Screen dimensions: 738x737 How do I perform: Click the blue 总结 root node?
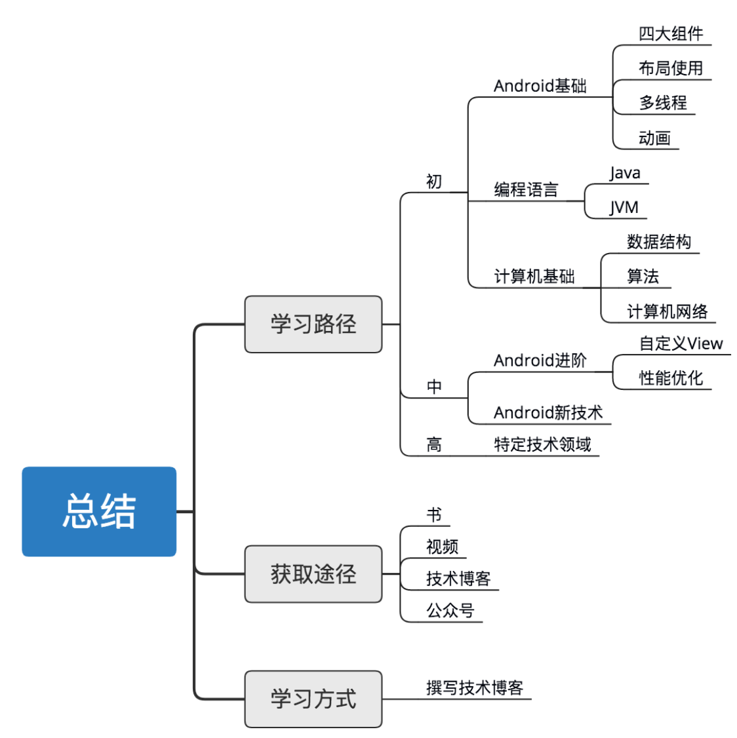point(99,511)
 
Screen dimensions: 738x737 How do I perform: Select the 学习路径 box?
point(313,324)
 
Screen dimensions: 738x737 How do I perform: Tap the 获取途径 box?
point(313,573)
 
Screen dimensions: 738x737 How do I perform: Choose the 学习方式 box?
point(313,699)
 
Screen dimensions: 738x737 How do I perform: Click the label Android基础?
point(540,86)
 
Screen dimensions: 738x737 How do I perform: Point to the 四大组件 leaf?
point(670,33)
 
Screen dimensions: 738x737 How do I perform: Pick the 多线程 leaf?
point(662,102)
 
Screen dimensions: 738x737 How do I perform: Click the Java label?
point(624,173)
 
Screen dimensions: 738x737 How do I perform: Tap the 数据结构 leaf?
point(658,242)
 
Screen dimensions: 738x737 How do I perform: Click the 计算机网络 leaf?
point(667,311)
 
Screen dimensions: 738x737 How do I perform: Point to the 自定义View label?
point(681,343)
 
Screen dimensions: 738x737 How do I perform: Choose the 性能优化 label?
point(670,378)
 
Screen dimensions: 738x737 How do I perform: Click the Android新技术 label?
point(548,412)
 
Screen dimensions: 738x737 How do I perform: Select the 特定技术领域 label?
point(542,444)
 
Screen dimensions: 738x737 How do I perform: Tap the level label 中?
point(434,387)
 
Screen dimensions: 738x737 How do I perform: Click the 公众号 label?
point(450,610)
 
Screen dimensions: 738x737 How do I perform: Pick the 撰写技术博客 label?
point(474,688)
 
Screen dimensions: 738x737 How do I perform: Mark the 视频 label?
point(442,546)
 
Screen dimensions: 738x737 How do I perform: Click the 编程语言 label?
point(526,190)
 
